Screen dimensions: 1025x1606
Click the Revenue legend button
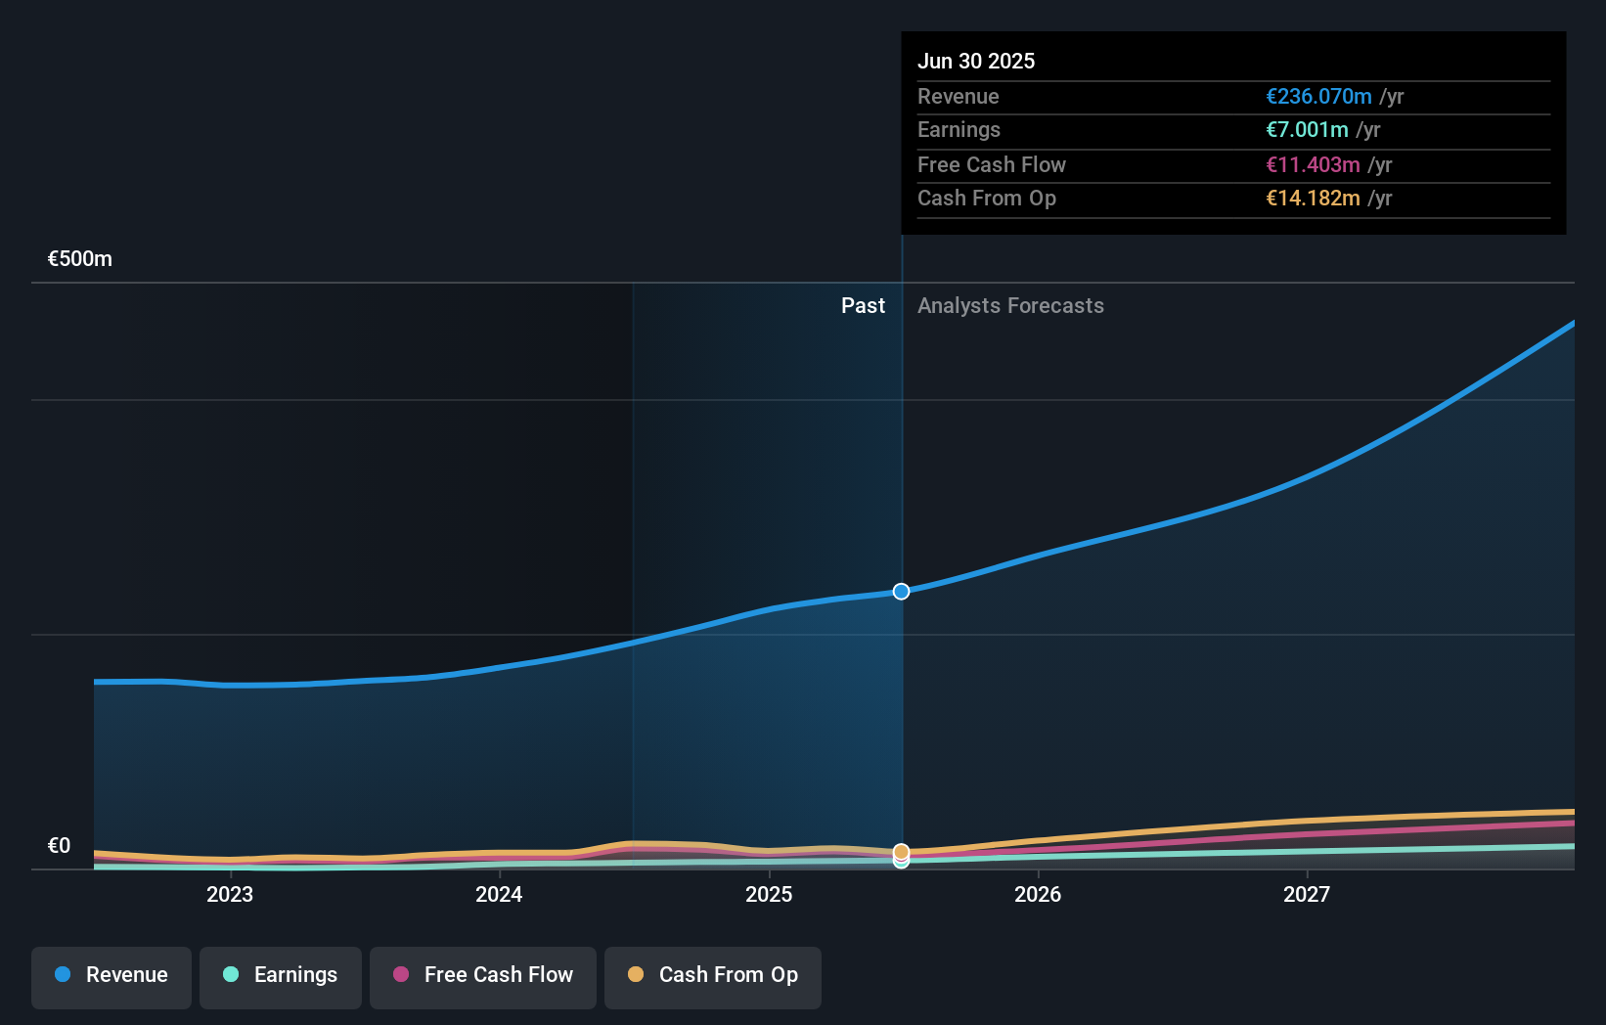pyautogui.click(x=112, y=975)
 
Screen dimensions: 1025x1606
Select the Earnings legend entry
pyautogui.click(x=281, y=975)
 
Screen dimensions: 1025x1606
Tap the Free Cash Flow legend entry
pyautogui.click(x=483, y=975)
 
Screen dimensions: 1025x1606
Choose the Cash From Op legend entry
pyautogui.click(x=713, y=975)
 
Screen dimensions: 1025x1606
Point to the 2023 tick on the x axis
pyautogui.click(x=230, y=894)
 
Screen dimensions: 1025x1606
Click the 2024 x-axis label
pyautogui.click(x=499, y=894)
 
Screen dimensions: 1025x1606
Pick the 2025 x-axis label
pyautogui.click(x=769, y=894)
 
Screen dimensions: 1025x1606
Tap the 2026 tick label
pyautogui.click(x=1038, y=894)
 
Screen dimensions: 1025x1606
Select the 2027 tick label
pyautogui.click(x=1307, y=894)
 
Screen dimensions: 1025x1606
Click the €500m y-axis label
pyautogui.click(x=80, y=259)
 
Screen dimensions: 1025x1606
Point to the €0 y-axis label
pyautogui.click(x=60, y=846)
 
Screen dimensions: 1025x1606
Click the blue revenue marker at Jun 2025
pyautogui.click(x=901, y=592)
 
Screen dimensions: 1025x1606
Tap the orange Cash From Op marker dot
pyautogui.click(x=901, y=852)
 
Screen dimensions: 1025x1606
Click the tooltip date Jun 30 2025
pyautogui.click(x=976, y=62)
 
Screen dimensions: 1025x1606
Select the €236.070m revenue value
pyautogui.click(x=1318, y=97)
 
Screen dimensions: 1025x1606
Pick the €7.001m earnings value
pyautogui.click(x=1307, y=130)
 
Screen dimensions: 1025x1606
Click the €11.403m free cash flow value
pyautogui.click(x=1313, y=165)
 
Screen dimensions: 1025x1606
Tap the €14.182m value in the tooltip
pyautogui.click(x=1313, y=199)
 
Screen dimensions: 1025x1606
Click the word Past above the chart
pyautogui.click(x=863, y=306)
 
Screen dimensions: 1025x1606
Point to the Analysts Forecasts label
pyautogui.click(x=1010, y=306)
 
